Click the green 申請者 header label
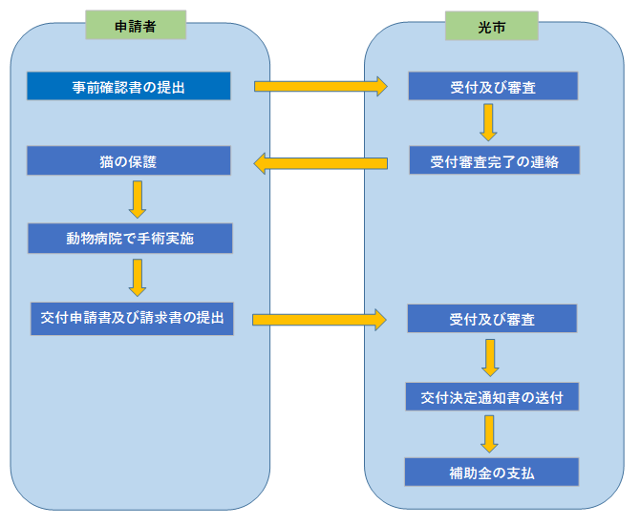click(136, 25)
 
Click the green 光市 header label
click(491, 26)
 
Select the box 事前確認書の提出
click(129, 86)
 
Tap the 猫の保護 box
click(129, 160)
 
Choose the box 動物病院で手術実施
click(130, 238)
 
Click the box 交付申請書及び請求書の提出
click(132, 319)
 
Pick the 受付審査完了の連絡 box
click(494, 160)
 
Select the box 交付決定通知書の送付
click(492, 397)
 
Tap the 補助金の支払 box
click(491, 472)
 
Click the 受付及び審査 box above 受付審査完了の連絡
click(493, 86)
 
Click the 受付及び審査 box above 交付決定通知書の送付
click(492, 318)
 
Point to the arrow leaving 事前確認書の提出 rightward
click(321, 86)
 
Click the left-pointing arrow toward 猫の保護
click(320, 163)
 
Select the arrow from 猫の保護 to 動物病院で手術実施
click(138, 200)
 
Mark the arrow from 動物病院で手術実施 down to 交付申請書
click(138, 278)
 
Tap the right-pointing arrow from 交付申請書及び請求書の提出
click(319, 320)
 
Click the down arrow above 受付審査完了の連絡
click(488, 122)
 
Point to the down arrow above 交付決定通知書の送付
click(490, 358)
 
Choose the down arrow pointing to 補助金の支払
click(489, 434)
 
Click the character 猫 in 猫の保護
click(107, 161)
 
